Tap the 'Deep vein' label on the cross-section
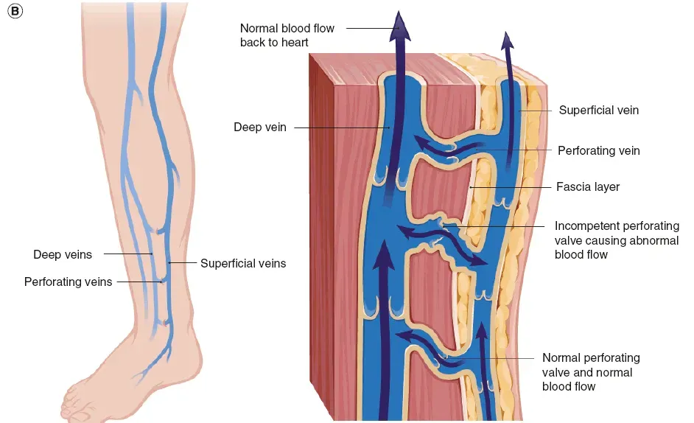pyautogui.click(x=259, y=127)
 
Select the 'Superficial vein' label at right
pyautogui.click(x=598, y=111)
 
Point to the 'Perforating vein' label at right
pyautogui.click(x=598, y=150)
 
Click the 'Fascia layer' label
pyautogui.click(x=587, y=187)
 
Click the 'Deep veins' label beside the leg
pyautogui.click(x=63, y=255)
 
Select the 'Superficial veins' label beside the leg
pyautogui.click(x=242, y=263)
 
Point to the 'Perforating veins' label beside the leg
pyautogui.click(x=68, y=282)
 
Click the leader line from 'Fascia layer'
pyautogui.click(x=512, y=187)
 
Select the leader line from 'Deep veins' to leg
pyautogui.click(x=127, y=254)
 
